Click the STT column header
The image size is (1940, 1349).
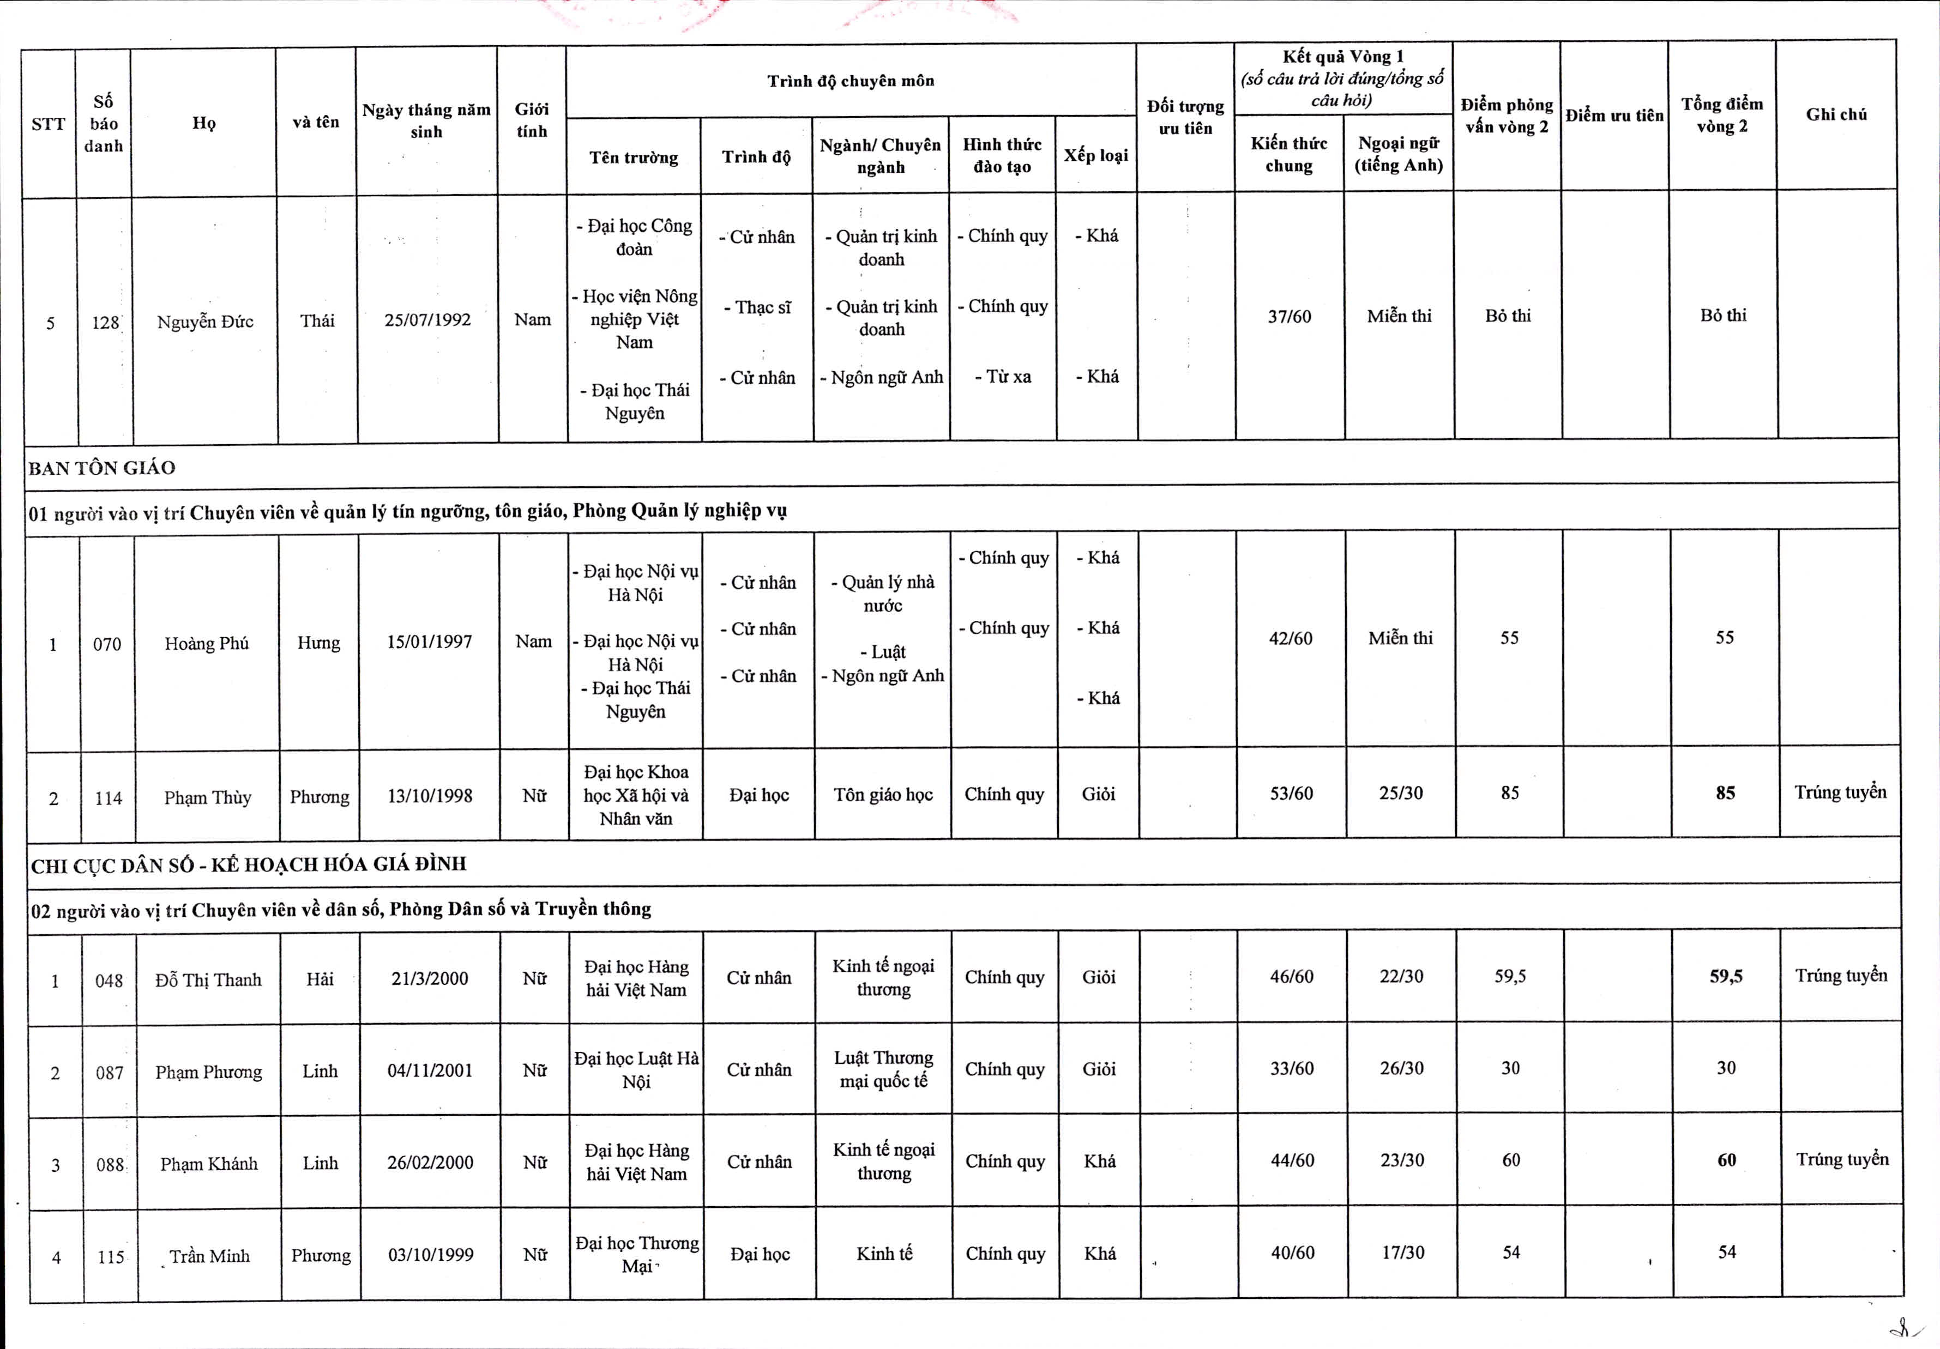point(48,124)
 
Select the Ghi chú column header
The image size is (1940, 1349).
point(1836,114)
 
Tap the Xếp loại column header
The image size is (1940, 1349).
point(1096,155)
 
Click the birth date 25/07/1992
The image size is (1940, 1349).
point(427,319)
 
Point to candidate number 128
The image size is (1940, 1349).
point(106,322)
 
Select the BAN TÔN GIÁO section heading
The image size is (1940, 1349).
point(103,468)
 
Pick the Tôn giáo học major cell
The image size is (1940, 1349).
point(883,795)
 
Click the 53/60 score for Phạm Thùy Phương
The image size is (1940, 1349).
point(1291,793)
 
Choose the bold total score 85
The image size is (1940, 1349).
point(1725,793)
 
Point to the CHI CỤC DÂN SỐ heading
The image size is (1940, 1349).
point(249,864)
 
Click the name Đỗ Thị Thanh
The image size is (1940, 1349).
point(208,980)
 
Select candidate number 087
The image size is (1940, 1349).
point(110,1073)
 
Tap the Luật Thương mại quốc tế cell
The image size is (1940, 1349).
point(884,1069)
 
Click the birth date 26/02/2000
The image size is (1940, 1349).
point(430,1162)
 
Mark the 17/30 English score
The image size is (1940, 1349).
point(1402,1253)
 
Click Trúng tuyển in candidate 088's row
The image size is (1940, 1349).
point(1842,1160)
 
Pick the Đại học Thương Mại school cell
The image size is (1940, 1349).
point(636,1254)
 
